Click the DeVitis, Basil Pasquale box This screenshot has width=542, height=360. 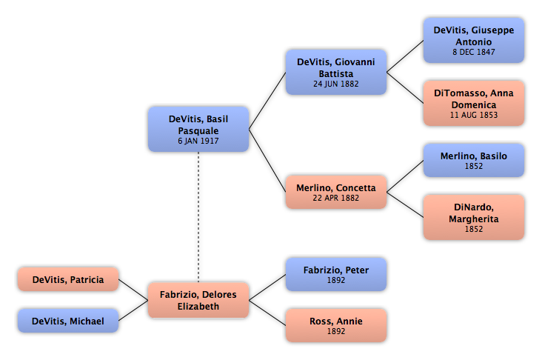[198, 129]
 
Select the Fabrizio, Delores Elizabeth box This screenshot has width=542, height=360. [198, 300]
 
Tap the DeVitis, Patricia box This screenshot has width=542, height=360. [68, 279]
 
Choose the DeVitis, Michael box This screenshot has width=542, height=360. [68, 321]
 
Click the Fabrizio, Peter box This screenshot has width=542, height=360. [336, 274]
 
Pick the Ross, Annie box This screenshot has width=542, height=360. [336, 325]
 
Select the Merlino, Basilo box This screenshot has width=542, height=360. [474, 161]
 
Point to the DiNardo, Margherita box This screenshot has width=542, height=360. [474, 217]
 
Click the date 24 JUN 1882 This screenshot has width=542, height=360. [336, 84]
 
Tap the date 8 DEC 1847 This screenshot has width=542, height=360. [474, 52]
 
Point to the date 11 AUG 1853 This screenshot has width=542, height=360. [474, 115]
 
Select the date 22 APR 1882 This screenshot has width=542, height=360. [336, 199]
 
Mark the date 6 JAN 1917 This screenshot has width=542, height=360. [198, 141]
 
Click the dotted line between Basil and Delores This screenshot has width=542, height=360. [198, 217]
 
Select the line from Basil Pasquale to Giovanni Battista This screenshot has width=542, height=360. [267, 101]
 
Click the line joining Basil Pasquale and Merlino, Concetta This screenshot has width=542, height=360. [267, 161]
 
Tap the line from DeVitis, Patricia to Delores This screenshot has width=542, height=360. [133, 290]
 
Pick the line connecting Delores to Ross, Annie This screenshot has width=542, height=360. [267, 313]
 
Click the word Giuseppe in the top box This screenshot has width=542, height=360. [493, 30]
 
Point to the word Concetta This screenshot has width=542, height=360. [355, 188]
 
